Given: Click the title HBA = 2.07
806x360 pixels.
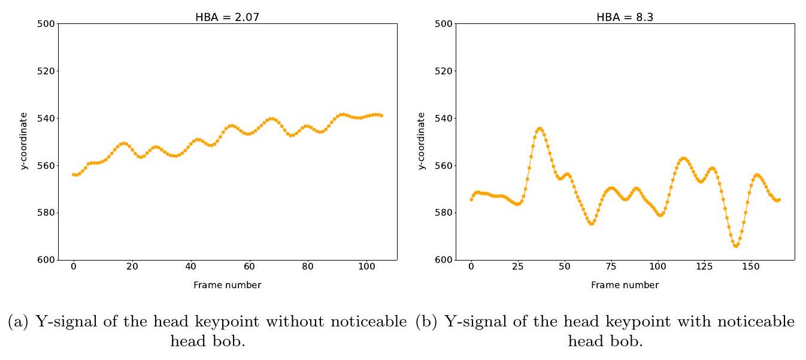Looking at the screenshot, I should pos(228,17).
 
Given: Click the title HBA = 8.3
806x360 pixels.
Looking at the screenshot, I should pos(625,17).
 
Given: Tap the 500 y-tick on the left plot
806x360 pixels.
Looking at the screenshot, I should pos(47,24).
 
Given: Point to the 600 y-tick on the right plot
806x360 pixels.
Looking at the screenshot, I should pos(445,259).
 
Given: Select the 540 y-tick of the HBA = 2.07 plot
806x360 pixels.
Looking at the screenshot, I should pos(47,118).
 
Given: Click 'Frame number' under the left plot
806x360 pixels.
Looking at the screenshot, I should pos(227,285).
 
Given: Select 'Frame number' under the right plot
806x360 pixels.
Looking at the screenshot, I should pos(625,285).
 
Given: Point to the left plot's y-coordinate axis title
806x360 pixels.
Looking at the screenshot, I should pos(25,141).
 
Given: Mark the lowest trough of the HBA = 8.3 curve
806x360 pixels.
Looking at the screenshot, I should pos(736,246).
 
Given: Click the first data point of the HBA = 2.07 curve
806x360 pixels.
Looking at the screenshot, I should pos(74,174).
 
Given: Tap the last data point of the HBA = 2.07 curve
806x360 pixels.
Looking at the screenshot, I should pos(381,115).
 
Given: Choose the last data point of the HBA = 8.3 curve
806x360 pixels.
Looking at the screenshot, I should pos(779,199).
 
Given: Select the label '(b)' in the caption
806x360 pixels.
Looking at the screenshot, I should pos(423,322).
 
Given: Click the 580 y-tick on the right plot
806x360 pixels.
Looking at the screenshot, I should pos(445,213).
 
